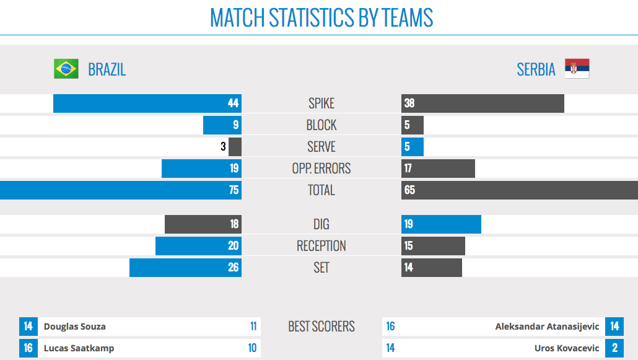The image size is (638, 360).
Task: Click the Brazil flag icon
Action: (66, 69)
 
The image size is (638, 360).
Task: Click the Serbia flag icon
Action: (577, 69)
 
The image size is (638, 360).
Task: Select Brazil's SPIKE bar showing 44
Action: (147, 103)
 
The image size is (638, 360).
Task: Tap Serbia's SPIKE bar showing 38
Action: (483, 103)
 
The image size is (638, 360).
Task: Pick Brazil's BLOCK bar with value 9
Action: (222, 125)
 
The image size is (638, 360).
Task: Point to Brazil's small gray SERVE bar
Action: (235, 147)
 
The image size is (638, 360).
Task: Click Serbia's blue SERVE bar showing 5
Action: (413, 147)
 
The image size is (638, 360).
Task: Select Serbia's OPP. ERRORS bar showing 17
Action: (438, 169)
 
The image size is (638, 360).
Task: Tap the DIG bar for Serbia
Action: (441, 224)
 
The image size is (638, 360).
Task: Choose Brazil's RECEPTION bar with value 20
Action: (198, 246)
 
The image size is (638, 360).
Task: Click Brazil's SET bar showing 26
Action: (185, 268)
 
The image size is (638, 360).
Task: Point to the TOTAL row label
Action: (321, 190)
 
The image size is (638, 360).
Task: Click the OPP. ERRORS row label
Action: (321, 169)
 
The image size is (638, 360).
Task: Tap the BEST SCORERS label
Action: (321, 327)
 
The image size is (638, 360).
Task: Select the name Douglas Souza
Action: (75, 327)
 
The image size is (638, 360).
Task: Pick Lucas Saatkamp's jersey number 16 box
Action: (28, 348)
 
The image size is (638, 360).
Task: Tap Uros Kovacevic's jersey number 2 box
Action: (614, 348)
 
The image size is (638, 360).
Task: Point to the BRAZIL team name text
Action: (107, 69)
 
